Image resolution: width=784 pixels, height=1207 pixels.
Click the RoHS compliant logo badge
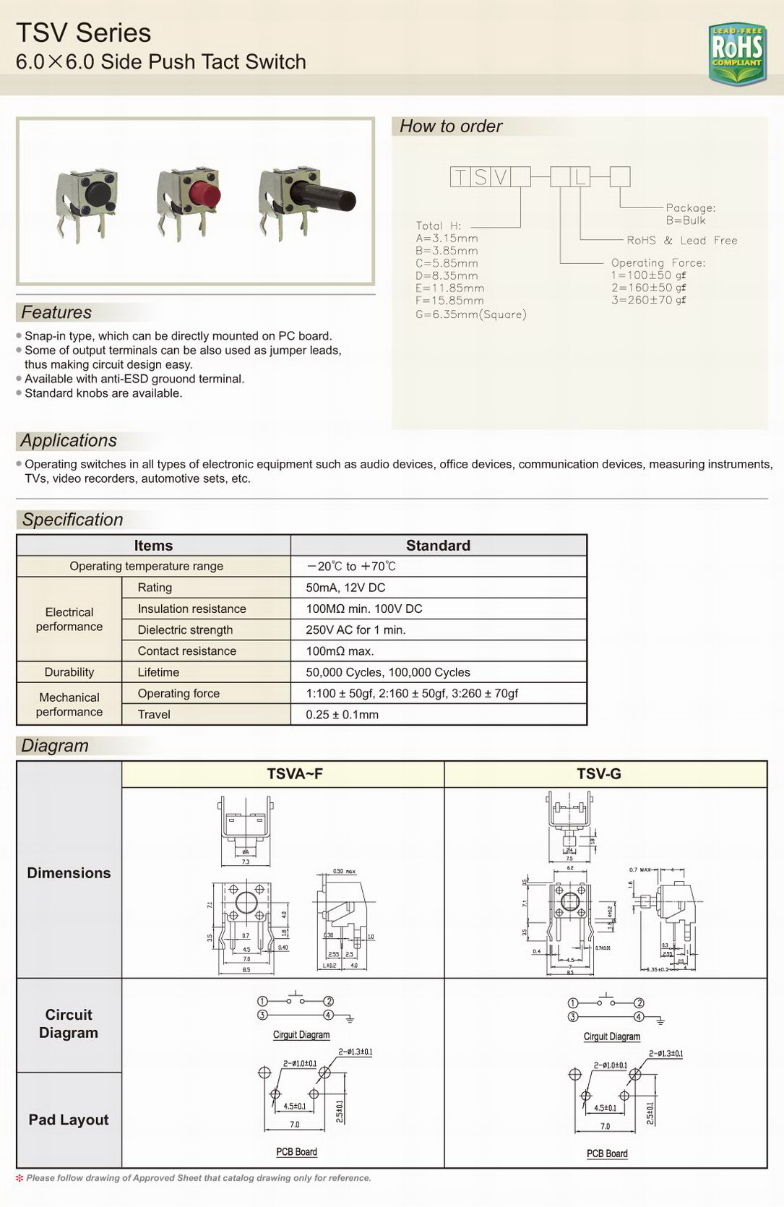737,53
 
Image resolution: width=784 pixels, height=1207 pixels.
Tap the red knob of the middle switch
206,194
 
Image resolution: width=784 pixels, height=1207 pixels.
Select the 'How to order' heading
451,126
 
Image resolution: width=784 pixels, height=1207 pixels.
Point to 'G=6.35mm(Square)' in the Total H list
470,314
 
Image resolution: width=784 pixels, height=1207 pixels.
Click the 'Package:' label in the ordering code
690,208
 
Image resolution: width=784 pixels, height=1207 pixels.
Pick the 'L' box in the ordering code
580,177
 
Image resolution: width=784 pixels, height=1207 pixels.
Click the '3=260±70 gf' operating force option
648,300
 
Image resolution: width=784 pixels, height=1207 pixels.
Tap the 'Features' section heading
56,312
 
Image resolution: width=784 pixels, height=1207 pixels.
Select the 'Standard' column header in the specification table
438,546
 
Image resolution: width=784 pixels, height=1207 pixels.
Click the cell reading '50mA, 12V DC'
345,588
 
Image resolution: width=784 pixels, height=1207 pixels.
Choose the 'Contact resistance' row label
187,651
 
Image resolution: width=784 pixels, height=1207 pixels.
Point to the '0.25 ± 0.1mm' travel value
342,715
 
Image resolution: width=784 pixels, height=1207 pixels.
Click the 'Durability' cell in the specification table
69,672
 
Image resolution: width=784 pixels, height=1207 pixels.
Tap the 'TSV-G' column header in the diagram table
599,774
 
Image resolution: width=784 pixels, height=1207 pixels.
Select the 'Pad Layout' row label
69,1120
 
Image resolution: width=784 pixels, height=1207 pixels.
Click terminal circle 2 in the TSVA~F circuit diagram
328,1001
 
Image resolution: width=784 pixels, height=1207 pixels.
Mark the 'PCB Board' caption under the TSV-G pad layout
607,1154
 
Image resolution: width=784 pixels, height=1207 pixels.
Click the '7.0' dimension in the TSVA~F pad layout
294,1125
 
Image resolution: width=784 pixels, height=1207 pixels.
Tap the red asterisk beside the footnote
20,1178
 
